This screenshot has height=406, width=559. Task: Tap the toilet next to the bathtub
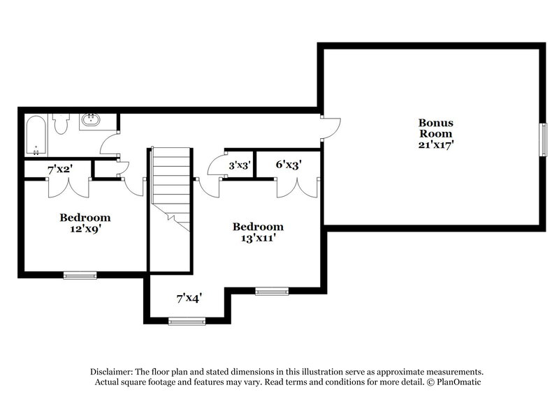[x=61, y=124]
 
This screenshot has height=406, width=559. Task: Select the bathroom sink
[x=90, y=121]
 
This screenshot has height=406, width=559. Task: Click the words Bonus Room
[x=435, y=128]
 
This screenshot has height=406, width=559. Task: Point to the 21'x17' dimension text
[x=435, y=145]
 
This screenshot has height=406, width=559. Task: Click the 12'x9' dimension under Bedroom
[x=83, y=227]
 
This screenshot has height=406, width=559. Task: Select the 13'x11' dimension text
[x=257, y=238]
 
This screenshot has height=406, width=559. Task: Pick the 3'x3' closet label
[x=240, y=166]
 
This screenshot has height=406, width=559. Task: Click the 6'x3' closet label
[x=288, y=166]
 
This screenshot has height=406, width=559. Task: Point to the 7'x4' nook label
[x=189, y=298]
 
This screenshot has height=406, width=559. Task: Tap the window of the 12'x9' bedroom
[x=80, y=275]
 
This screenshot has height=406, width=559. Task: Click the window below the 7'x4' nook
[x=187, y=321]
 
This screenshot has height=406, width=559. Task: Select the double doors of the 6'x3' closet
[x=296, y=187]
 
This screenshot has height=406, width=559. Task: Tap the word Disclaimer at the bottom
[x=112, y=372]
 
